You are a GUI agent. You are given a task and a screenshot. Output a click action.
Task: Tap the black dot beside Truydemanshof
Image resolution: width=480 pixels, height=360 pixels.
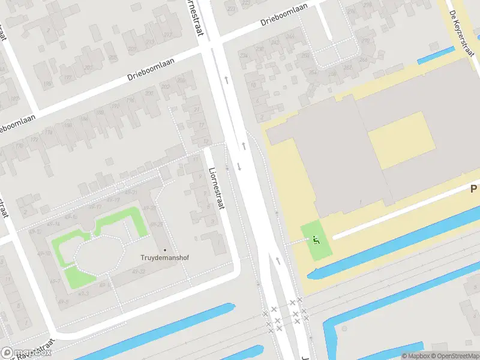click(165, 250)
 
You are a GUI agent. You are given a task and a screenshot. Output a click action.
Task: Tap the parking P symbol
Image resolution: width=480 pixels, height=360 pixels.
click(473, 189)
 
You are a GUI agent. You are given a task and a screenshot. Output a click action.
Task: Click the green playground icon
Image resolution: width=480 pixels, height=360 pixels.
click(316, 239)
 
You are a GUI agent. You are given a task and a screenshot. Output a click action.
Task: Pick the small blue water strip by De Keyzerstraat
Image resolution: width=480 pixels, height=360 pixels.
click(436, 55)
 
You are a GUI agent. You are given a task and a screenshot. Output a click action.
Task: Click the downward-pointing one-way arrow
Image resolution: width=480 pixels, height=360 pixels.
click(239, 167)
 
